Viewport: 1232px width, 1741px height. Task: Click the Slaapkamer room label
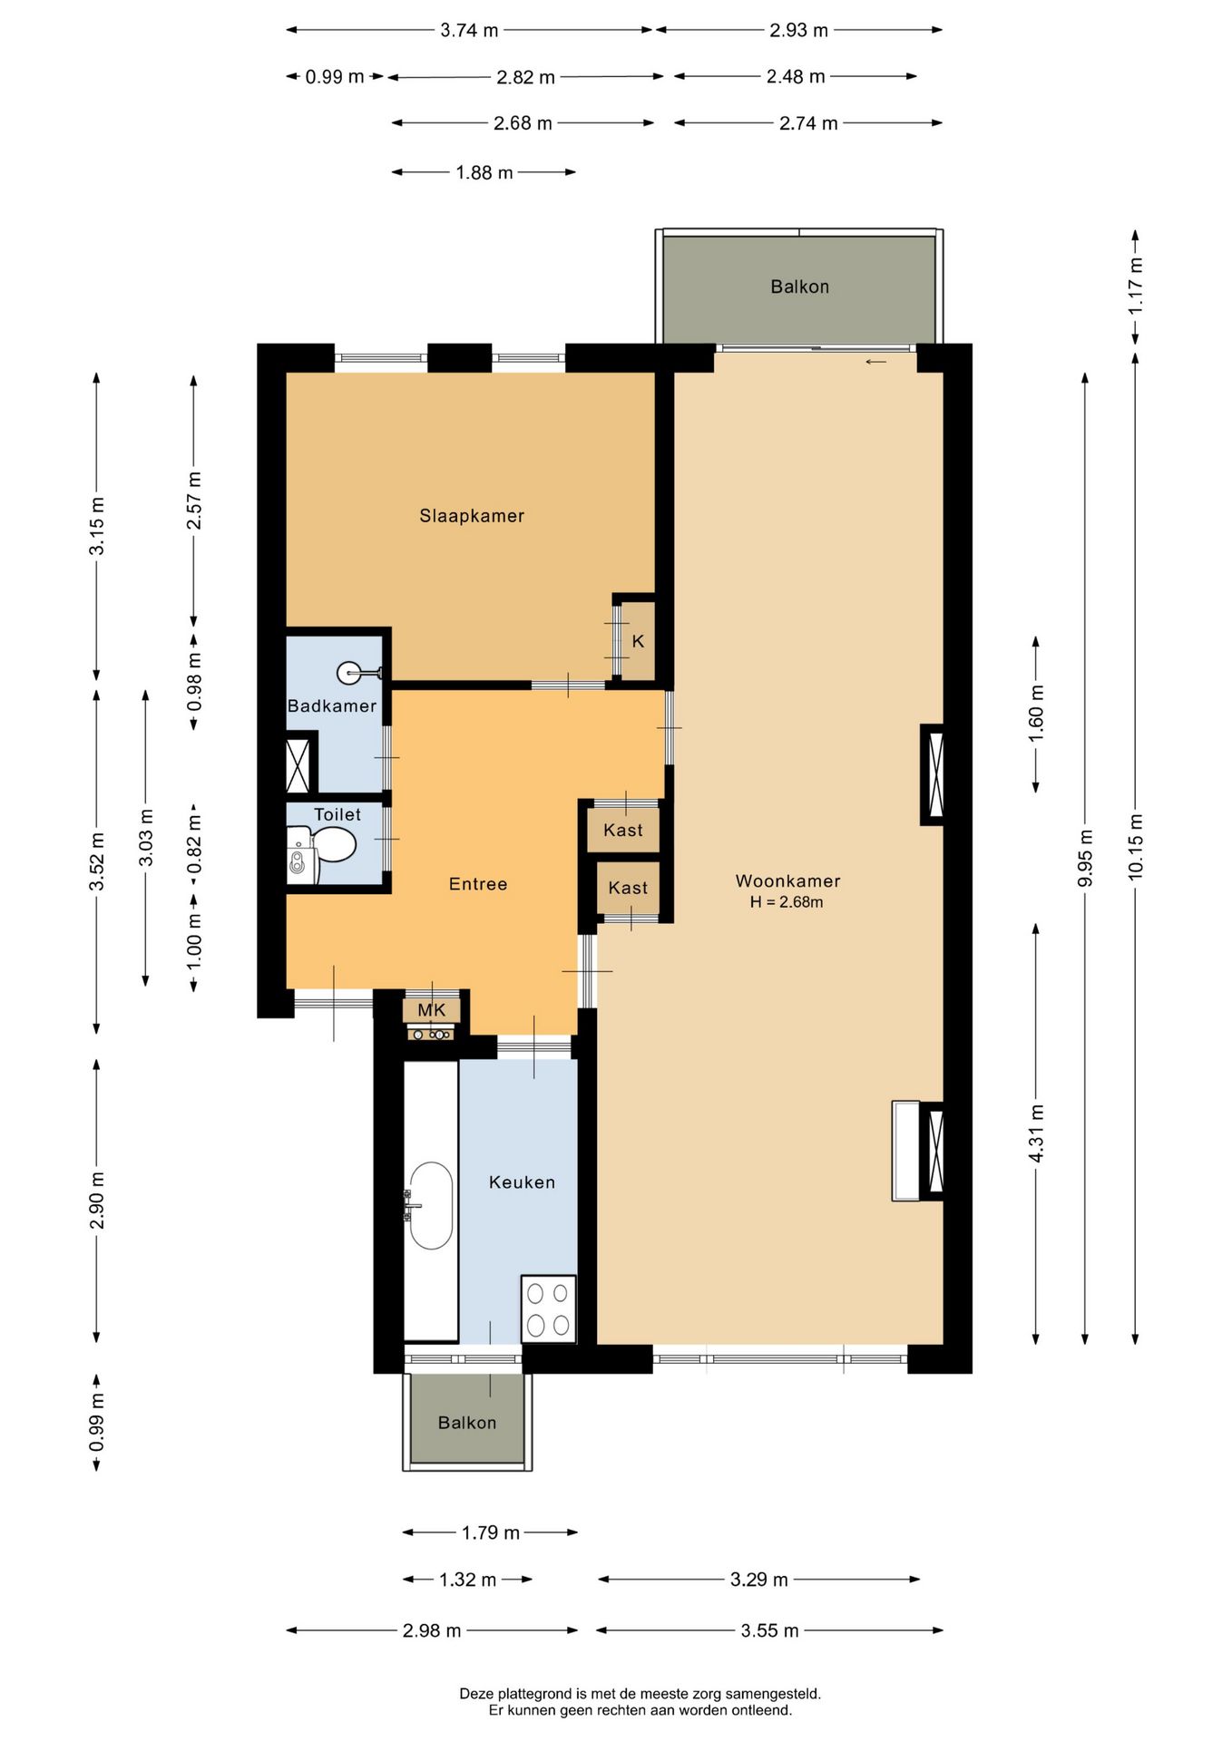[472, 516]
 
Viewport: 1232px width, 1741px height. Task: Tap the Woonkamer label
[787, 880]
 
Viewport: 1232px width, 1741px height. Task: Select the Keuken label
[522, 1182]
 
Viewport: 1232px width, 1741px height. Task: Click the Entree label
[478, 884]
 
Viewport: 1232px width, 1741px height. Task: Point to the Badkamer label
[331, 705]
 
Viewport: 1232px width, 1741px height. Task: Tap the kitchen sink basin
[431, 1206]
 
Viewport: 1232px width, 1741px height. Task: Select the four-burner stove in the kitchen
[548, 1309]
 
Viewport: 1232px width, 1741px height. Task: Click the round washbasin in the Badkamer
[350, 673]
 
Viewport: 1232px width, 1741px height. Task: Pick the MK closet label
[432, 1010]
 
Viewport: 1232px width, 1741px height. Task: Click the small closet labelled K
[638, 640]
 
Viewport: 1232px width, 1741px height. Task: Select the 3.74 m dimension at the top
[469, 30]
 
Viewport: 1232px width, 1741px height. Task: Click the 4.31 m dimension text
[1036, 1133]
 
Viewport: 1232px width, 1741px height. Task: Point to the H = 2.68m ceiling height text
[787, 902]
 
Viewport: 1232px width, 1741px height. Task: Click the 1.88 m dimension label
[484, 172]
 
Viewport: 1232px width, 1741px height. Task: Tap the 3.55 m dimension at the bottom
[769, 1630]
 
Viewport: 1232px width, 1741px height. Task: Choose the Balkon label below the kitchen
[467, 1423]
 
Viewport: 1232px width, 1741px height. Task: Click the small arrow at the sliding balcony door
[875, 362]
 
